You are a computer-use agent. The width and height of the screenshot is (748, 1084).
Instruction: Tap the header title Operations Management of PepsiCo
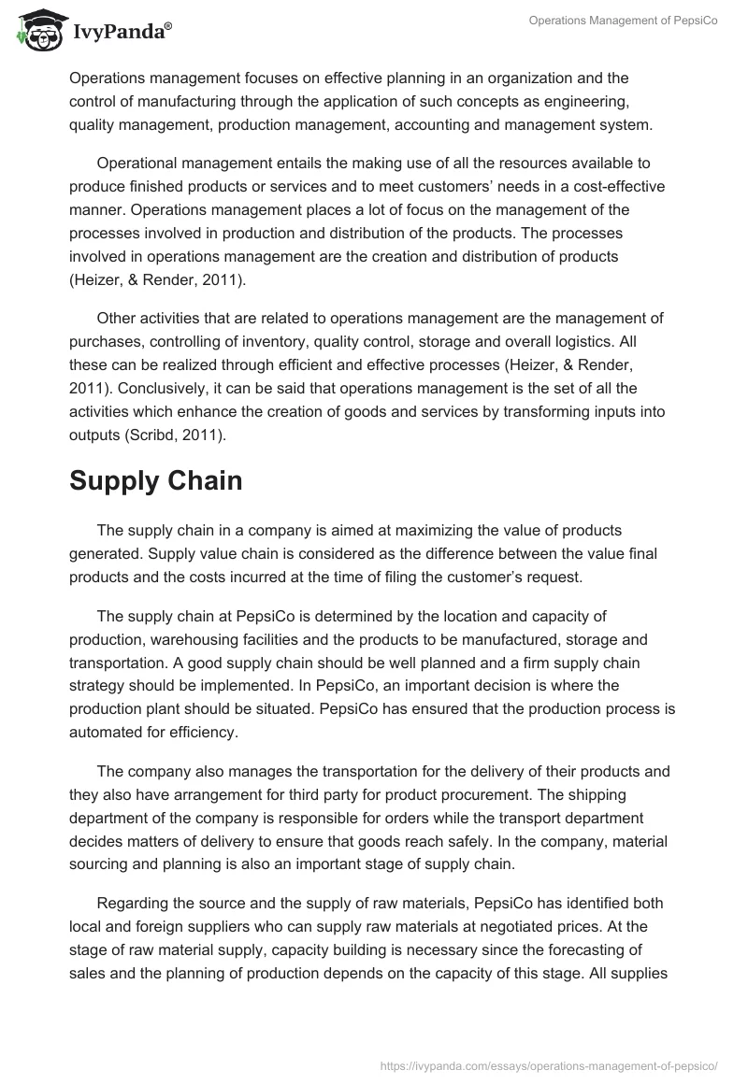pos(623,21)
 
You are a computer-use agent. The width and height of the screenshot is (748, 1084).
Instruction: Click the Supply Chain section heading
pos(155,480)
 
